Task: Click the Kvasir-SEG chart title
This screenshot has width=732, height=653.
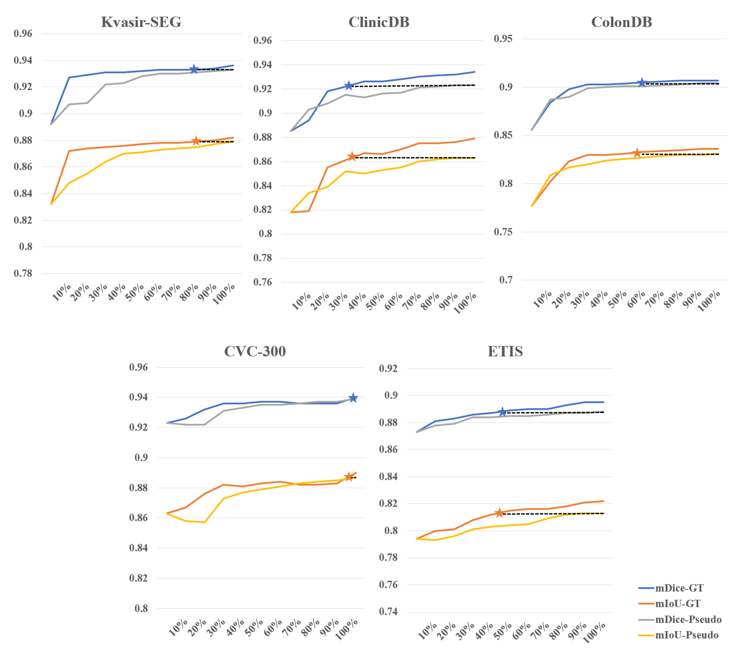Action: point(141,22)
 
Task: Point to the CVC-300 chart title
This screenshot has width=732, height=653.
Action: point(255,351)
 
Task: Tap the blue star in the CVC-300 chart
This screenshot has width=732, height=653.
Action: point(353,398)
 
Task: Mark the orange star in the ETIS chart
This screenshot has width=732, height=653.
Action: point(499,513)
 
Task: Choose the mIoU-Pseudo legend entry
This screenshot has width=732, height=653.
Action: point(686,635)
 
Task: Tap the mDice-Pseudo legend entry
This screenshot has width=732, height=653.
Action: point(687,620)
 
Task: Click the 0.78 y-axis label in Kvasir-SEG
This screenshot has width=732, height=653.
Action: point(23,273)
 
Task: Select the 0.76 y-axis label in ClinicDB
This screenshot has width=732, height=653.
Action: point(262,282)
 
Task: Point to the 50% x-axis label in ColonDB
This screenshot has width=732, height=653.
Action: point(617,300)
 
